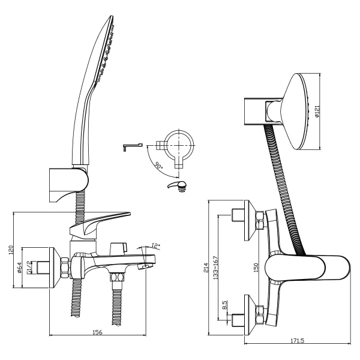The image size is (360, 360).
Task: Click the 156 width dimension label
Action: pos(97,332)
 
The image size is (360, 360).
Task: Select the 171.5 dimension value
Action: pos(298,340)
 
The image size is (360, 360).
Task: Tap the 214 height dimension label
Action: pos(206,268)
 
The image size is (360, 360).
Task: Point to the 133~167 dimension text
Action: pos(215,268)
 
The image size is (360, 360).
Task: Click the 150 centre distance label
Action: pos(256,268)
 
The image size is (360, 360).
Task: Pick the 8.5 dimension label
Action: pos(224,305)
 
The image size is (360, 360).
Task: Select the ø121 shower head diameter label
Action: pos(317,112)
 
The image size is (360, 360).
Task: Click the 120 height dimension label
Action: pos(11,250)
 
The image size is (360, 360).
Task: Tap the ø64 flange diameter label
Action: pos(20,268)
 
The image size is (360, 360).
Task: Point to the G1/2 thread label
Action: pos(29,268)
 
